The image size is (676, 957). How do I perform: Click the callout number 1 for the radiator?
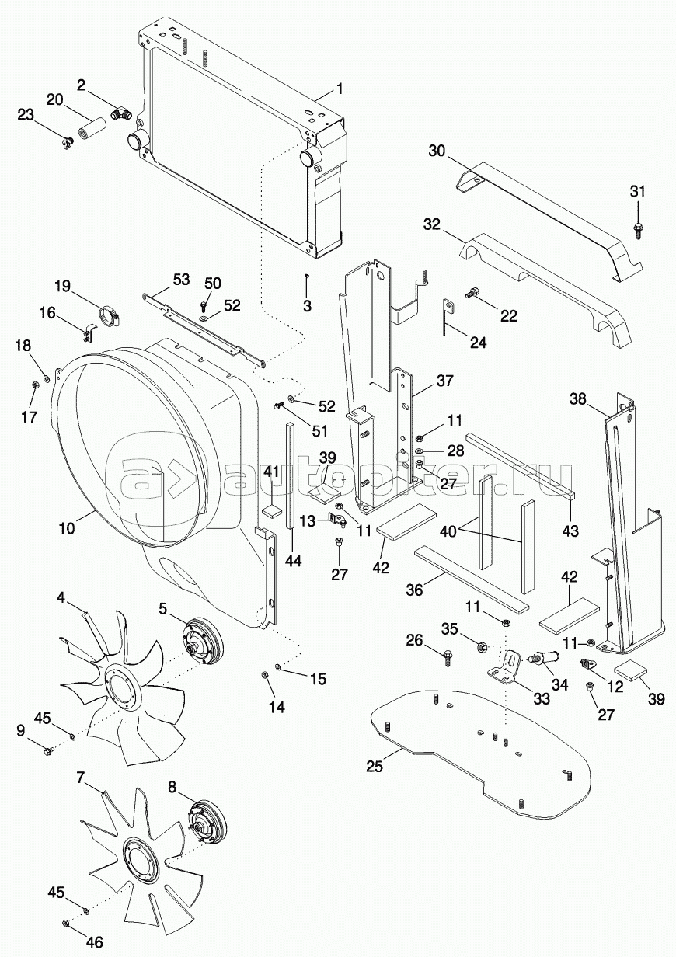click(340, 88)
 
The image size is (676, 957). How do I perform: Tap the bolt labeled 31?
click(638, 227)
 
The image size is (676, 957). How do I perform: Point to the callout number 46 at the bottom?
click(94, 942)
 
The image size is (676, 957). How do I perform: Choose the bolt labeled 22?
click(472, 294)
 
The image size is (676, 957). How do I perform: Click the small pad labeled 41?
click(271, 510)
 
